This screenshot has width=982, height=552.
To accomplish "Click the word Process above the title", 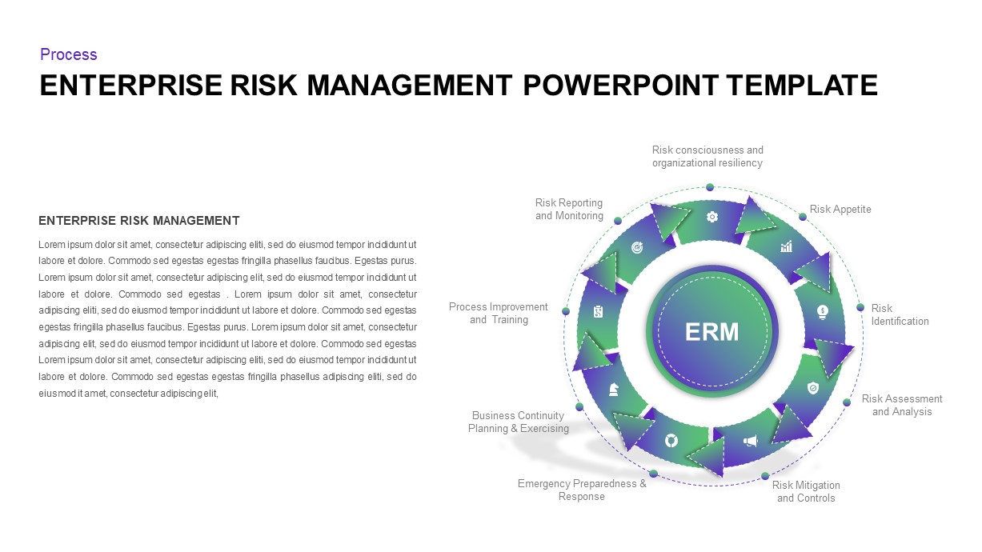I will pyautogui.click(x=69, y=54).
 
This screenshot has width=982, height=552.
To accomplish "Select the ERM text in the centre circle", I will pyautogui.click(x=712, y=331).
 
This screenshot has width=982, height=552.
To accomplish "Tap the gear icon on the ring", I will pyautogui.click(x=711, y=217).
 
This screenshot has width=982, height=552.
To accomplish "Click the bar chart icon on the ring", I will pyautogui.click(x=786, y=247).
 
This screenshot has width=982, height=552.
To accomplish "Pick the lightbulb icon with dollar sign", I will pyautogui.click(x=822, y=310).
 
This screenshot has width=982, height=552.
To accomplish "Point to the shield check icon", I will pyautogui.click(x=813, y=388).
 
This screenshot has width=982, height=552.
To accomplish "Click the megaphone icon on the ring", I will pyautogui.click(x=750, y=441).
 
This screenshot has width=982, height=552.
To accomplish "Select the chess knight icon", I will pyautogui.click(x=614, y=389).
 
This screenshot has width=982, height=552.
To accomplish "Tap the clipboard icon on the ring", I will pyautogui.click(x=598, y=312).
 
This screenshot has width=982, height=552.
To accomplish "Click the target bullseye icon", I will pyautogui.click(x=637, y=248).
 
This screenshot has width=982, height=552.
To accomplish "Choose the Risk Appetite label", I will pyautogui.click(x=840, y=210).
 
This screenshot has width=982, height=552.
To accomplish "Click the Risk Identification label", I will pyautogui.click(x=900, y=314).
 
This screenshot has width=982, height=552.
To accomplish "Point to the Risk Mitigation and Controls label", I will pyautogui.click(x=806, y=491).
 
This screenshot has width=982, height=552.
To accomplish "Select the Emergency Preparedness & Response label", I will pyautogui.click(x=582, y=490).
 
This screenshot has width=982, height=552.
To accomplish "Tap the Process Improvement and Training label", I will pyautogui.click(x=499, y=313).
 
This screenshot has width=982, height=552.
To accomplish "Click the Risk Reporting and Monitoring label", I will pyautogui.click(x=569, y=209).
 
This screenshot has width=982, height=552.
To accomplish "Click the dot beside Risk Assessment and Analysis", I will pyautogui.click(x=848, y=402).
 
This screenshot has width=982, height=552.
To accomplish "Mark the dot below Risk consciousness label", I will pyautogui.click(x=710, y=187).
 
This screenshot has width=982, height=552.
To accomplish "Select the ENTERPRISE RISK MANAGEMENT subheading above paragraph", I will pyautogui.click(x=139, y=221).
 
